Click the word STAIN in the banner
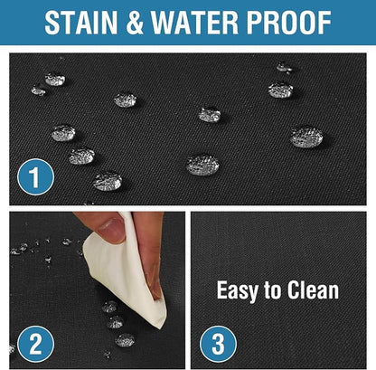(80, 23)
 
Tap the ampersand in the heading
(135, 23)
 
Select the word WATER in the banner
(195, 23)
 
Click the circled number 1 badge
(35, 177)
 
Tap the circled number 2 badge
(35, 344)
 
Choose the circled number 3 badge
(218, 344)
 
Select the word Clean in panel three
(313, 289)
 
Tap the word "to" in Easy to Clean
(273, 290)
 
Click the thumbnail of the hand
(109, 227)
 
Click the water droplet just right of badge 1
(108, 181)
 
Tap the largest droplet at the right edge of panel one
(306, 138)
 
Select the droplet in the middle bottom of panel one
(202, 165)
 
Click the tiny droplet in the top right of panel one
(284, 67)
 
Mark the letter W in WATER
(164, 23)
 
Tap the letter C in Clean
(293, 290)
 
